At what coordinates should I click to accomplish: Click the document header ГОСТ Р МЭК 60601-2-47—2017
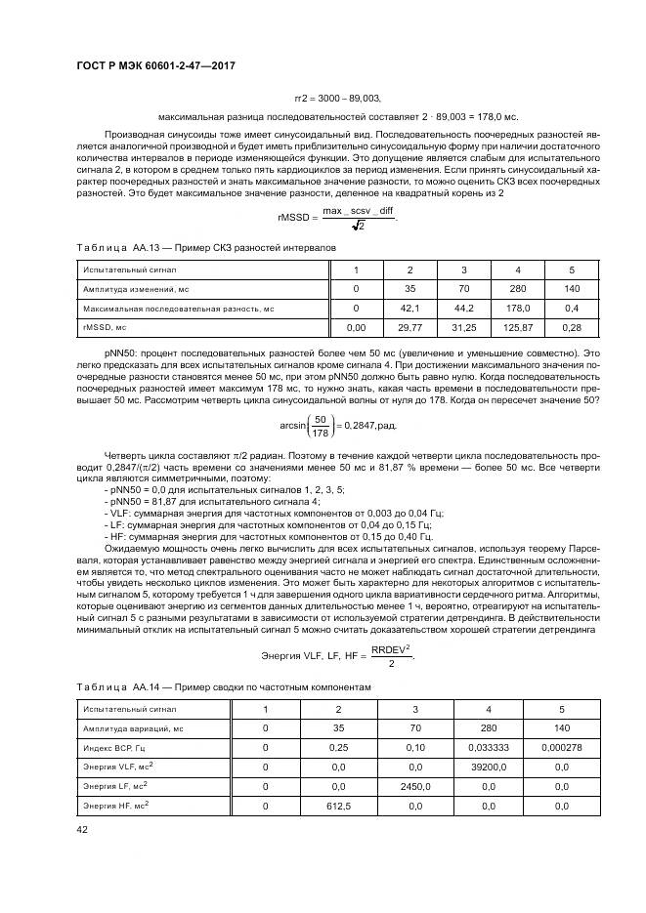tap(155, 66)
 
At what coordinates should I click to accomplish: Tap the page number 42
tap(81, 830)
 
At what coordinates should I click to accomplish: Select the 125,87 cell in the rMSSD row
tap(518, 328)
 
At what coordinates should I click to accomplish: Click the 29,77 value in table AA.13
tap(409, 328)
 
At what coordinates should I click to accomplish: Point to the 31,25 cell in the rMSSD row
tap(464, 328)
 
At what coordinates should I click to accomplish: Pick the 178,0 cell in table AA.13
tap(518, 309)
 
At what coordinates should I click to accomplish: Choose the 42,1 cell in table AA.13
tap(409, 309)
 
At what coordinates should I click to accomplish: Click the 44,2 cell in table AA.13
tap(464, 309)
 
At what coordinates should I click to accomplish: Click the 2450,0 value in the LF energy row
tap(412, 786)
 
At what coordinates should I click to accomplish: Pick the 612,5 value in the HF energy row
tap(337, 807)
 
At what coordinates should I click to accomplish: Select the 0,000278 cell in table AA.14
tap(562, 747)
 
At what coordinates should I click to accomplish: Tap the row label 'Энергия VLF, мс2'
tap(118, 767)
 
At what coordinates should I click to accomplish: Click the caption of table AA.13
tap(205, 248)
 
